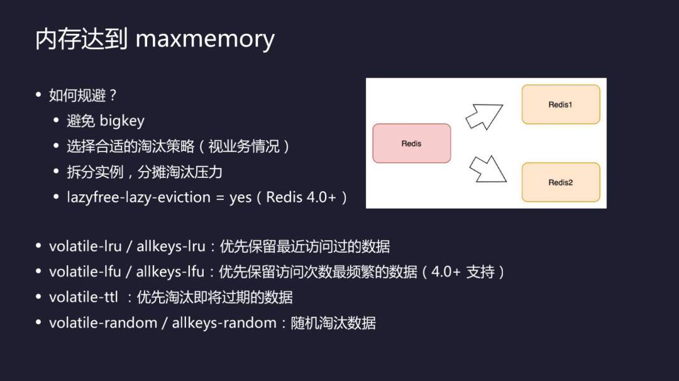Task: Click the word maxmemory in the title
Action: (205, 39)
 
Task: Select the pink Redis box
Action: (412, 143)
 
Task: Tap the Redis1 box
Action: (560, 104)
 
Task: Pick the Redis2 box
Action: (560, 182)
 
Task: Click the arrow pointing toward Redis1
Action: (484, 116)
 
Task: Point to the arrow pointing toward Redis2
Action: (488, 168)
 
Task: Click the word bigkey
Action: (122, 121)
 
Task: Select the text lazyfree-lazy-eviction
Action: (139, 197)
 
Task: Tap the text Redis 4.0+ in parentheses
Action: (302, 197)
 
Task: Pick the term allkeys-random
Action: (224, 323)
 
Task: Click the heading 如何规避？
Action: (83, 96)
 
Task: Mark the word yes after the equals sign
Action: (240, 197)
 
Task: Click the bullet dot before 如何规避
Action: (38, 96)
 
